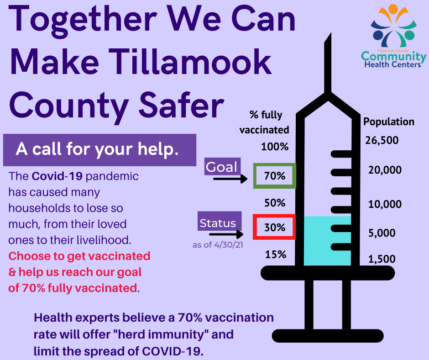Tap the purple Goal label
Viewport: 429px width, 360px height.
pos(222,167)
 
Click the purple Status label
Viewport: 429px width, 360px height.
pos(220,221)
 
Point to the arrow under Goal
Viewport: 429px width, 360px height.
pos(230,179)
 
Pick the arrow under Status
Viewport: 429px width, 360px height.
pos(226,234)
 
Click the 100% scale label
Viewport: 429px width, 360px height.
pos(275,147)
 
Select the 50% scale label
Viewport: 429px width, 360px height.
pos(275,203)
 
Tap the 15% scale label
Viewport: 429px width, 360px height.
pos(276,254)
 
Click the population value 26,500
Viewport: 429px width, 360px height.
pos(382,140)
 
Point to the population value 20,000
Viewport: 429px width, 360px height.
pos(385,170)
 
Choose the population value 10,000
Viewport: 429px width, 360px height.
pos(385,204)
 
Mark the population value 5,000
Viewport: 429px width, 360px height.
pos(382,233)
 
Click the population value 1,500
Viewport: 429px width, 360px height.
pos(382,259)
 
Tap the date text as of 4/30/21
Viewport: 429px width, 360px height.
pos(218,245)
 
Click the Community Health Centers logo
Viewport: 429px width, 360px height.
pos(393,36)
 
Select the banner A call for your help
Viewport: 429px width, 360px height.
pos(99,150)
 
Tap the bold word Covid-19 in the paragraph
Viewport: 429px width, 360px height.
pos(57,176)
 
